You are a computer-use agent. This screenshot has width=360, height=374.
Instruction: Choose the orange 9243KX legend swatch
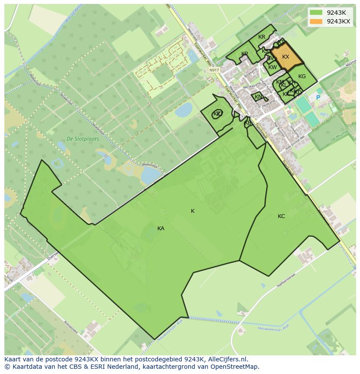pos(317,22)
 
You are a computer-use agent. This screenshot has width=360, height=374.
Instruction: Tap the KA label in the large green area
pos(161,228)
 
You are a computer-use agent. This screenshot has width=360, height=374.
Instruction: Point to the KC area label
pos(281,216)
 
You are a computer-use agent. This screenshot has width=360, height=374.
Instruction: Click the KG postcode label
pos(302,76)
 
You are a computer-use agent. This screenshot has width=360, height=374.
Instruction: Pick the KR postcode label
pos(262,37)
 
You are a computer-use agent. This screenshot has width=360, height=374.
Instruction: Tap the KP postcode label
pos(245,54)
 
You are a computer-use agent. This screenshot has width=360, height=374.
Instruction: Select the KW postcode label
pos(273,67)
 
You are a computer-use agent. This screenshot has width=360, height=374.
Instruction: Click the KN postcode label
pos(258,97)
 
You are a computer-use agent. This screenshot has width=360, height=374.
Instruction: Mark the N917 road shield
pos(213,70)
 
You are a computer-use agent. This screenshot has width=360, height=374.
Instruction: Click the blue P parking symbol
pos(318,98)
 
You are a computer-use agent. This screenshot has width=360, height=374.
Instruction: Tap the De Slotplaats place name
pos(83,139)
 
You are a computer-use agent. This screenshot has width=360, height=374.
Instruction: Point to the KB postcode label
pos(248,123)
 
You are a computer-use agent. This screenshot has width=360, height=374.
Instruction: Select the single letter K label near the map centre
pos(193,211)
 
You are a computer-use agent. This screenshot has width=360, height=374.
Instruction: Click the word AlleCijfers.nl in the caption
pos(228,359)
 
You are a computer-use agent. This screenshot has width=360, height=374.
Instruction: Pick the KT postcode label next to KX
pos(281,42)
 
